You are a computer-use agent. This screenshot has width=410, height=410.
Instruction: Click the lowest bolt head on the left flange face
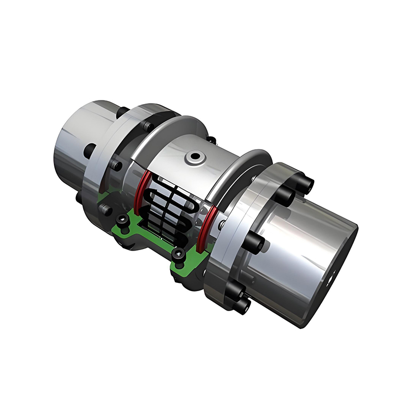[x=106, y=209]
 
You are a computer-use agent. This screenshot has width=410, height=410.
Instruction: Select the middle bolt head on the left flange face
[x=115, y=166]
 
